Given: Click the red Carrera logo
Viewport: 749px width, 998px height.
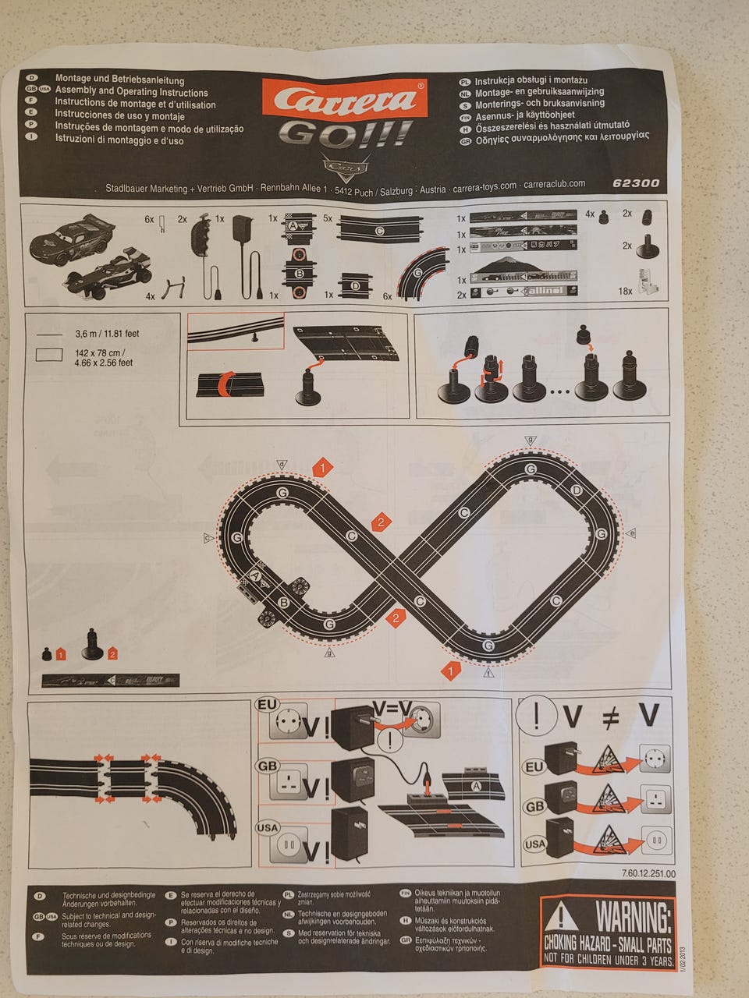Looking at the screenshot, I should [x=344, y=99].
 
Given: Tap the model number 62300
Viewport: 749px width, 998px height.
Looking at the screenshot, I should [x=636, y=184].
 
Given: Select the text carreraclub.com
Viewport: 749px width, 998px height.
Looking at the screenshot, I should [x=554, y=185].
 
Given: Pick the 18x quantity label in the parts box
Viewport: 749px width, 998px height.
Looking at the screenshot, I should [x=625, y=291].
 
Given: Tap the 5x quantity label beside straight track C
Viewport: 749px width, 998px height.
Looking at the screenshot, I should [x=328, y=219].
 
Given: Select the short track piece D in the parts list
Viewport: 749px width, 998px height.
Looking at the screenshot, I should [x=356, y=286].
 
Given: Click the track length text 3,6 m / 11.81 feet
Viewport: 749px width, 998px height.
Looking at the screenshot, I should [x=107, y=334].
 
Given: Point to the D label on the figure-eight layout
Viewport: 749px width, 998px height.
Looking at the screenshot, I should [x=576, y=490].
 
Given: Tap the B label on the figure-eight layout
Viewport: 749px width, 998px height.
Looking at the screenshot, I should [x=284, y=602].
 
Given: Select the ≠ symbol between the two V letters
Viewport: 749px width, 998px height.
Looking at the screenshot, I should [x=610, y=717].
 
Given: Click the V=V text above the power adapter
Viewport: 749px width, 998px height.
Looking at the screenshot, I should [x=391, y=708].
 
